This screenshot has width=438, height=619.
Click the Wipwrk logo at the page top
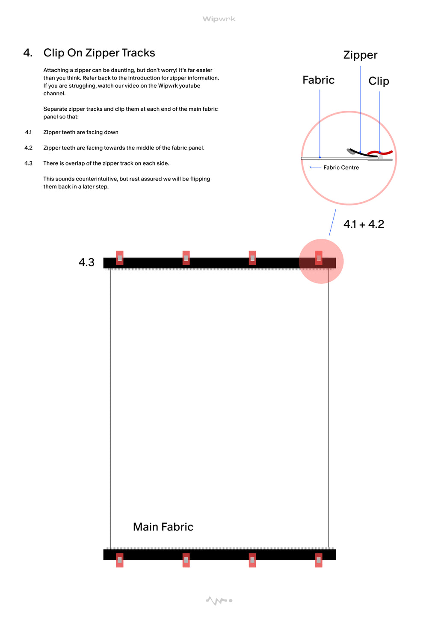pos(219,19)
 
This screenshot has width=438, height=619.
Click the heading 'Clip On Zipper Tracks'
pos(99,53)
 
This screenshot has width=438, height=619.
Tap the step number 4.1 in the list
pos(28,133)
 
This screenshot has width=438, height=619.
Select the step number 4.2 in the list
pos(28,148)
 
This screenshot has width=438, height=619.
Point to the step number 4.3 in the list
pos(28,163)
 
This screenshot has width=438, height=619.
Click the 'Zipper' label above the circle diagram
pos(360,55)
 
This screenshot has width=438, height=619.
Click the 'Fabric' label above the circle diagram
pos(318,80)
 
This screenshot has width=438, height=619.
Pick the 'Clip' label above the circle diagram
pos(379,81)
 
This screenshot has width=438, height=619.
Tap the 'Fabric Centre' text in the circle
pos(341,168)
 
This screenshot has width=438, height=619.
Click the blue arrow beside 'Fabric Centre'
pos(316,167)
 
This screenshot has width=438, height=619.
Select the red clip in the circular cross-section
pos(380,152)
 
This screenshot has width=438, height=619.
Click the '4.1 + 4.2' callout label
pos(364,224)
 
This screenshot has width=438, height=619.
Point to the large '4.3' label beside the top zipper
pos(86,262)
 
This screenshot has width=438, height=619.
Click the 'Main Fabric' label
pos(163,527)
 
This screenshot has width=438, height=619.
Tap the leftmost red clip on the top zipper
pos(120,258)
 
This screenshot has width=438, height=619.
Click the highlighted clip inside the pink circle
pos(319,258)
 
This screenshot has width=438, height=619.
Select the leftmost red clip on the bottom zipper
pos(120,560)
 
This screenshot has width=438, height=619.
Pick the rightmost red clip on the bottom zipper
pos(319,560)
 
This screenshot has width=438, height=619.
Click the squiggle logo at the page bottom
pos(219,601)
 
